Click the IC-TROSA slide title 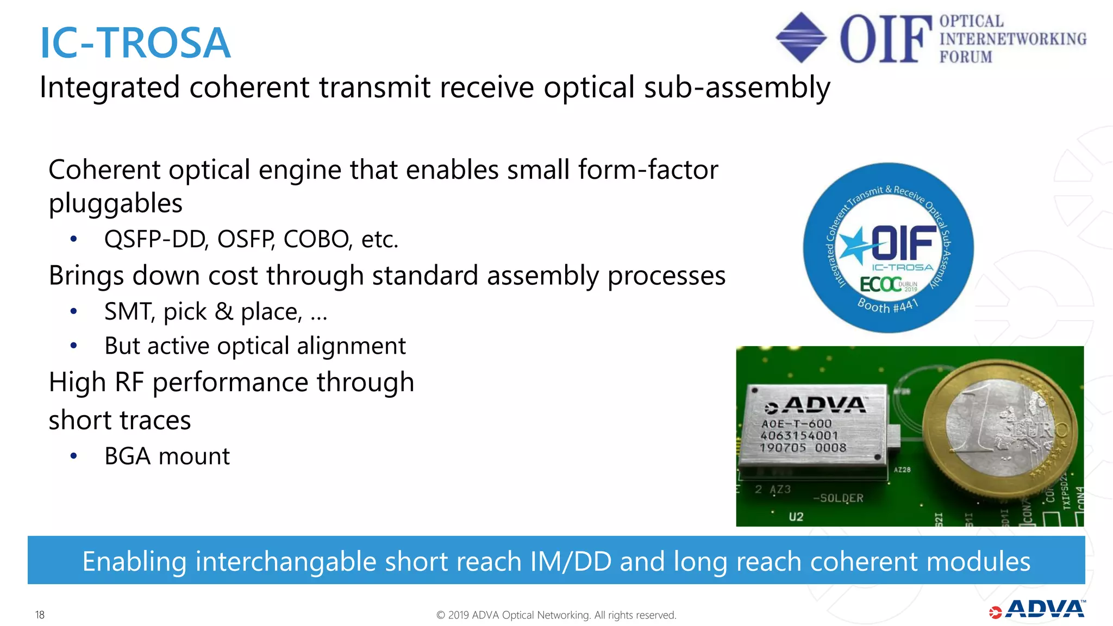pyautogui.click(x=135, y=43)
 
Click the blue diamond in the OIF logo pyautogui.click(x=801, y=37)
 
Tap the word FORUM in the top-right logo pyautogui.click(x=966, y=57)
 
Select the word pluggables pyautogui.click(x=115, y=204)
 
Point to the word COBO pyautogui.click(x=316, y=239)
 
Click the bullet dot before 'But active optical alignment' pyautogui.click(x=74, y=346)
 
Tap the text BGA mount pyautogui.click(x=167, y=456)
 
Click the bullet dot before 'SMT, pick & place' pyautogui.click(x=74, y=311)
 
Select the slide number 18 pyautogui.click(x=40, y=615)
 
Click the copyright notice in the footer pyautogui.click(x=556, y=615)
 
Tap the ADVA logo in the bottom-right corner pyautogui.click(x=1037, y=610)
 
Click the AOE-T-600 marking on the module pyautogui.click(x=797, y=423)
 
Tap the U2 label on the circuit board pyautogui.click(x=796, y=516)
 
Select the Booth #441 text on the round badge pyautogui.click(x=887, y=305)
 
